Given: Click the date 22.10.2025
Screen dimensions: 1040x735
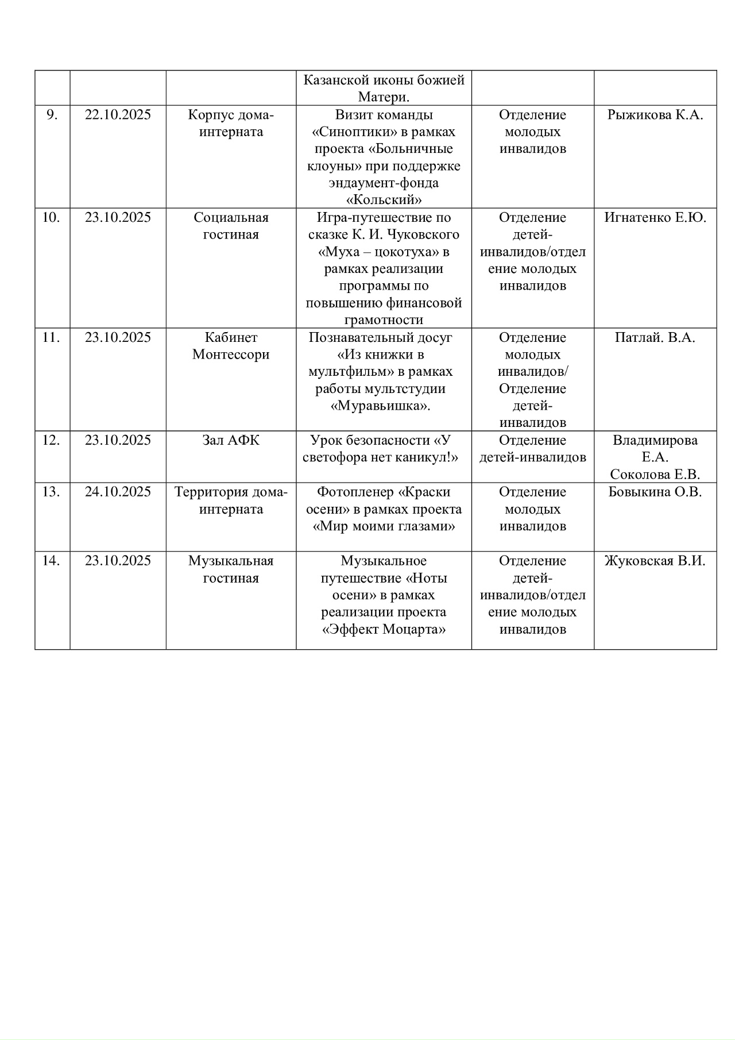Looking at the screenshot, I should (x=118, y=115).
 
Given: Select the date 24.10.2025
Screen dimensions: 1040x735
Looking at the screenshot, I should (x=118, y=492).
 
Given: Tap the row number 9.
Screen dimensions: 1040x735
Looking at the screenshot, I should (x=52, y=115).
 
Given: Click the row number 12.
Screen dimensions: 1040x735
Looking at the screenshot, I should (x=51, y=441).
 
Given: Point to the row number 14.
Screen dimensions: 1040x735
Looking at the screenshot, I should (x=51, y=561).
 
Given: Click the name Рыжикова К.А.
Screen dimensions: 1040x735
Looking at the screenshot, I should (x=655, y=115).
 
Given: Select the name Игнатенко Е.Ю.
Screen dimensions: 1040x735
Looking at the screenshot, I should (x=655, y=218).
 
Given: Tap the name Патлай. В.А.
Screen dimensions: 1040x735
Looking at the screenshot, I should (x=655, y=338).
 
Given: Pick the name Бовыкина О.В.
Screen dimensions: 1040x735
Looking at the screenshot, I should (x=655, y=492).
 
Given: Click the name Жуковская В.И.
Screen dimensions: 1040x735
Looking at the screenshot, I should (x=655, y=561).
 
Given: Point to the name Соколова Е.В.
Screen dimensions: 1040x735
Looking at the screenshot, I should (x=655, y=475).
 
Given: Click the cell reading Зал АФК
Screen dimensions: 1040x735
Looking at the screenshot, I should (x=231, y=441).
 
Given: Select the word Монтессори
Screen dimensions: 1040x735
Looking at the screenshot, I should (x=231, y=355).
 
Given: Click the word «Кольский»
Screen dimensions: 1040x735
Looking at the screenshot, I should (x=384, y=201).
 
